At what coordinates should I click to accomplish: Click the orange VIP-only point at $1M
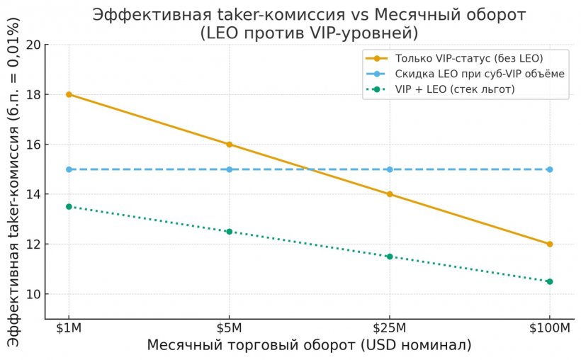click(x=69, y=94)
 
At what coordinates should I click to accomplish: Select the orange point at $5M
click(x=229, y=145)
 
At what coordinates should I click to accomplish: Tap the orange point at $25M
click(x=389, y=194)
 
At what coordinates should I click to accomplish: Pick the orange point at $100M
click(x=550, y=244)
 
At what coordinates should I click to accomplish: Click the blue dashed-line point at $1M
click(x=69, y=169)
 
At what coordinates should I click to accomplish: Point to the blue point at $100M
click(x=550, y=169)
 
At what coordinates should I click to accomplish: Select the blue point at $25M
click(x=389, y=169)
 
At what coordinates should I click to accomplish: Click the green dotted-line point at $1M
click(x=69, y=207)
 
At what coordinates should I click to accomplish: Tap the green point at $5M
click(x=229, y=232)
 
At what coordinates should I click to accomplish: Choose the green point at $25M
click(x=389, y=257)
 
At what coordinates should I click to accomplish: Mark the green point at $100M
click(x=550, y=281)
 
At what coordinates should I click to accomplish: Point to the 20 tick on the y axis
click(x=33, y=45)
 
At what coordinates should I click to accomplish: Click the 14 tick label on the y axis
click(x=33, y=194)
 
